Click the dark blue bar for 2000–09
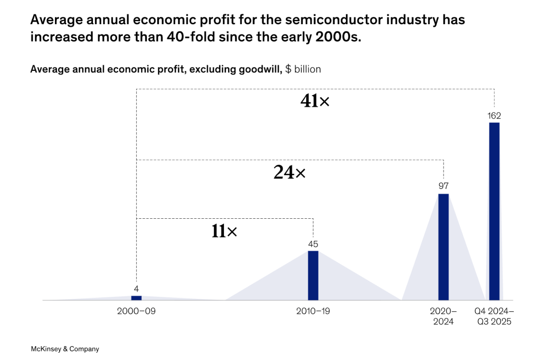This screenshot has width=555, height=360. (x=136, y=298)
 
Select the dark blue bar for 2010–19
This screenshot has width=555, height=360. (x=313, y=275)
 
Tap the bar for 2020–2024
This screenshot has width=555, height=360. (x=443, y=247)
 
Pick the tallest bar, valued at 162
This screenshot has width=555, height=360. (x=494, y=211)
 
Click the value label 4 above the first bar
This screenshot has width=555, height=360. (x=136, y=289)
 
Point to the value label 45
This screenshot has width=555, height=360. (x=313, y=244)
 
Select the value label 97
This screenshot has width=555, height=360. (x=443, y=186)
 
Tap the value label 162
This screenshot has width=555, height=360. (x=494, y=116)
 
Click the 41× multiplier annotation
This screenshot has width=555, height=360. (x=314, y=101)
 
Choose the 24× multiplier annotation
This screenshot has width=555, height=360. (x=289, y=173)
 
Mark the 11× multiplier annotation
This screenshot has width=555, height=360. (x=224, y=231)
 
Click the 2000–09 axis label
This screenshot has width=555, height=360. (x=136, y=311)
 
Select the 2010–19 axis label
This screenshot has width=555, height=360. (x=313, y=311)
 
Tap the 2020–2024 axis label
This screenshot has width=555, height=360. (x=443, y=316)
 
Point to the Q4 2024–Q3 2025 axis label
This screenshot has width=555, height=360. (x=494, y=316)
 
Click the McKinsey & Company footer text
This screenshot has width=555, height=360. (x=65, y=349)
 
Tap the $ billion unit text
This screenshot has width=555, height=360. (x=303, y=69)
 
